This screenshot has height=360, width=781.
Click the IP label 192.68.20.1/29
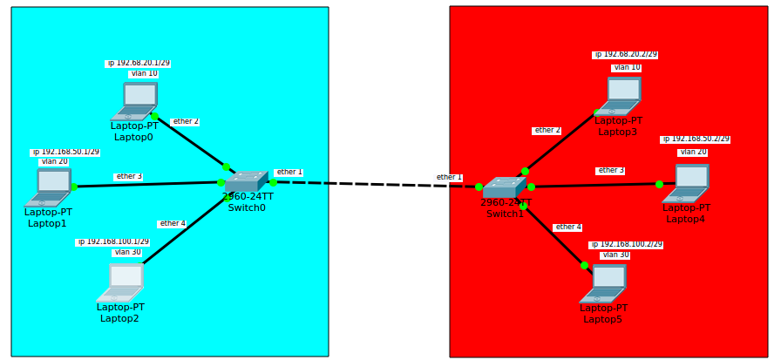(x=138, y=64)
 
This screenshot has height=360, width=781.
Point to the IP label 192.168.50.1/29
(x=65, y=153)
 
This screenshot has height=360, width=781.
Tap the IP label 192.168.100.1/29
(x=112, y=242)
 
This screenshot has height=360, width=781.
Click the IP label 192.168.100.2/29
(x=626, y=245)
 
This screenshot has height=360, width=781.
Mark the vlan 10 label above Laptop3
(x=627, y=67)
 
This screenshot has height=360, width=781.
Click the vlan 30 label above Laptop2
(x=127, y=253)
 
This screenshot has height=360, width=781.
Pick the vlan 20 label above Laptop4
(x=693, y=153)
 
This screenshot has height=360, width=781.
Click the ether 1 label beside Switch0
(x=289, y=173)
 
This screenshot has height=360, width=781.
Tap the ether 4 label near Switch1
(x=567, y=228)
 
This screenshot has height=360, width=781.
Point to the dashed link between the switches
(x=375, y=184)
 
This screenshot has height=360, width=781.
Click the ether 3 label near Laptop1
(x=128, y=177)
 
